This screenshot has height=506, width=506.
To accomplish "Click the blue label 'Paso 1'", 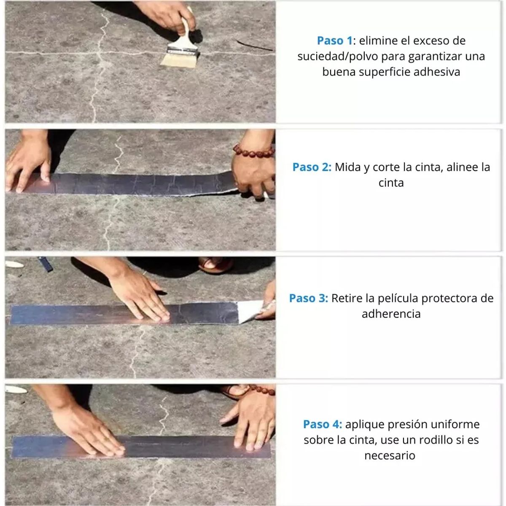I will point(334,41).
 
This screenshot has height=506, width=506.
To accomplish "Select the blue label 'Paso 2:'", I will point(312,167).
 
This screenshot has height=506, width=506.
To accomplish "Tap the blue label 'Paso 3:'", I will point(308,299).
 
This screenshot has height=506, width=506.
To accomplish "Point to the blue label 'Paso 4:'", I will point(323,424).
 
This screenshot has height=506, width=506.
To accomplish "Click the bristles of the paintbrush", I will point(178,59).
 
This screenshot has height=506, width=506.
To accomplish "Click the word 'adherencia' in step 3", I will point(391,314).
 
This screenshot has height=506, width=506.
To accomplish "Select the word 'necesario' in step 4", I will point(390,456).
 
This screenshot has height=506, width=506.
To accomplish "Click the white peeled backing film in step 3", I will point(250,312).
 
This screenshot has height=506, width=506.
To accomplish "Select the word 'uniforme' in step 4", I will point(456,424).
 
